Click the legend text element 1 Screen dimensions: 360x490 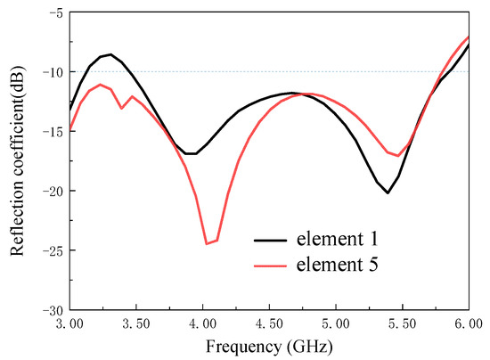(347, 239)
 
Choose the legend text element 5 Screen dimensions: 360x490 (347, 265)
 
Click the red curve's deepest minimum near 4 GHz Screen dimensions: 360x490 (208, 243)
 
